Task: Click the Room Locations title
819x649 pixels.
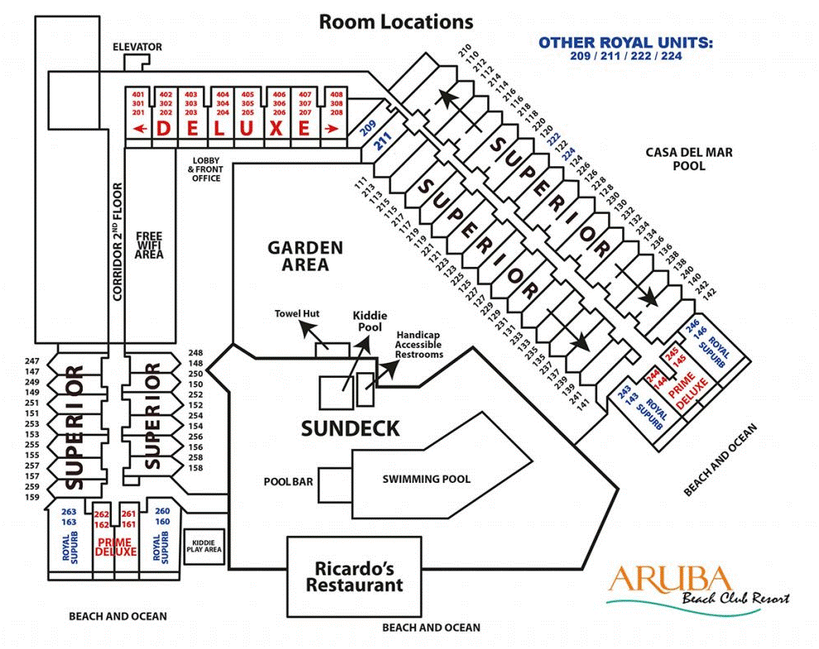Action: (396, 21)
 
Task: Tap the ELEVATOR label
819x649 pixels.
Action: (137, 47)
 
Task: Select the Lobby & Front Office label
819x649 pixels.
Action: (205, 169)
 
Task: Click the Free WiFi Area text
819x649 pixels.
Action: (150, 245)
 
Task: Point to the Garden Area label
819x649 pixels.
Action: (304, 256)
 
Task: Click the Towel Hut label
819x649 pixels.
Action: (298, 314)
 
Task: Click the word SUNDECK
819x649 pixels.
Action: (350, 428)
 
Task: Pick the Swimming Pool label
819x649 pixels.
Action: (426, 479)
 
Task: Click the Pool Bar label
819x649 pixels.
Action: (288, 480)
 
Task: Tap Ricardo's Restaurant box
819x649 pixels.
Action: (354, 577)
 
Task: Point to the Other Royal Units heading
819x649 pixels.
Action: (625, 42)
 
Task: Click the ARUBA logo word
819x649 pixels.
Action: (670, 579)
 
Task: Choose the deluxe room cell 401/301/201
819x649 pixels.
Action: (138, 103)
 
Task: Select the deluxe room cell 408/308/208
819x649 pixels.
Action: (337, 103)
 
